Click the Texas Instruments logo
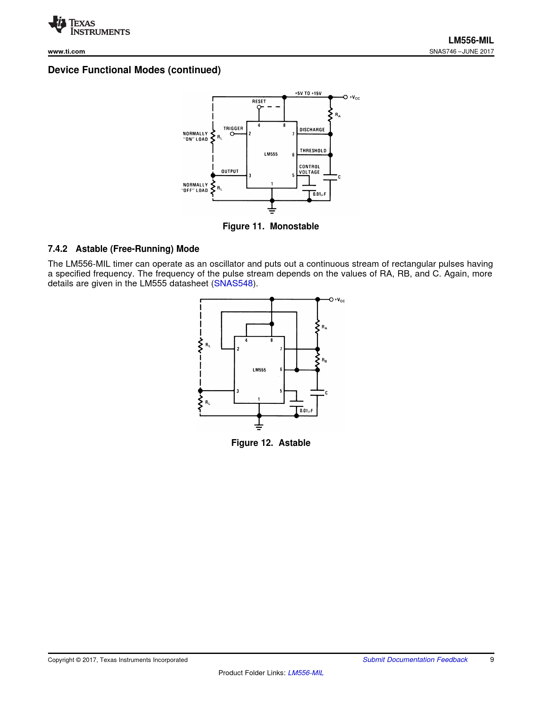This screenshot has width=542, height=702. coord(88,26)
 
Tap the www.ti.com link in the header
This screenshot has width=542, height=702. coord(66,51)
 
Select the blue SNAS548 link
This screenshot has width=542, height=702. coord(233,283)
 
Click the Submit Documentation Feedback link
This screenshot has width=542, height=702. coord(415,659)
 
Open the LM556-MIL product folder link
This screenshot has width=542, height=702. coord(306,673)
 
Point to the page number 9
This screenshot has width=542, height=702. coord(492,659)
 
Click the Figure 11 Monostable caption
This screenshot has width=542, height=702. coord(271,226)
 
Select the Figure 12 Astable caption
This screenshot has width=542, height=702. coord(271,443)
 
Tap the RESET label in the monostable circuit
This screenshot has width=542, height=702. coord(259,101)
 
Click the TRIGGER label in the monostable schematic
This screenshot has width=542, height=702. coord(233,128)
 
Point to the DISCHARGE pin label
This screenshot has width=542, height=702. coord(312,130)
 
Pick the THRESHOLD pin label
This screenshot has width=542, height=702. coord(313,151)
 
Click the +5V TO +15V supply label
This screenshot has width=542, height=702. coord(308,93)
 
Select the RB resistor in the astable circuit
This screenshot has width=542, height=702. coord(318,360)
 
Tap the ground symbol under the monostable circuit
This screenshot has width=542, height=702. coord(272,210)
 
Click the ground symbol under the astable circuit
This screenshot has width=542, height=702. coord(259,426)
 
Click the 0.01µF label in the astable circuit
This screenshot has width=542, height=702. coord(306,411)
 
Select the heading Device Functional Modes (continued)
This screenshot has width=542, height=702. coord(134,70)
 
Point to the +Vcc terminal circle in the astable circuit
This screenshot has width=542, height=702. coord(331,300)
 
